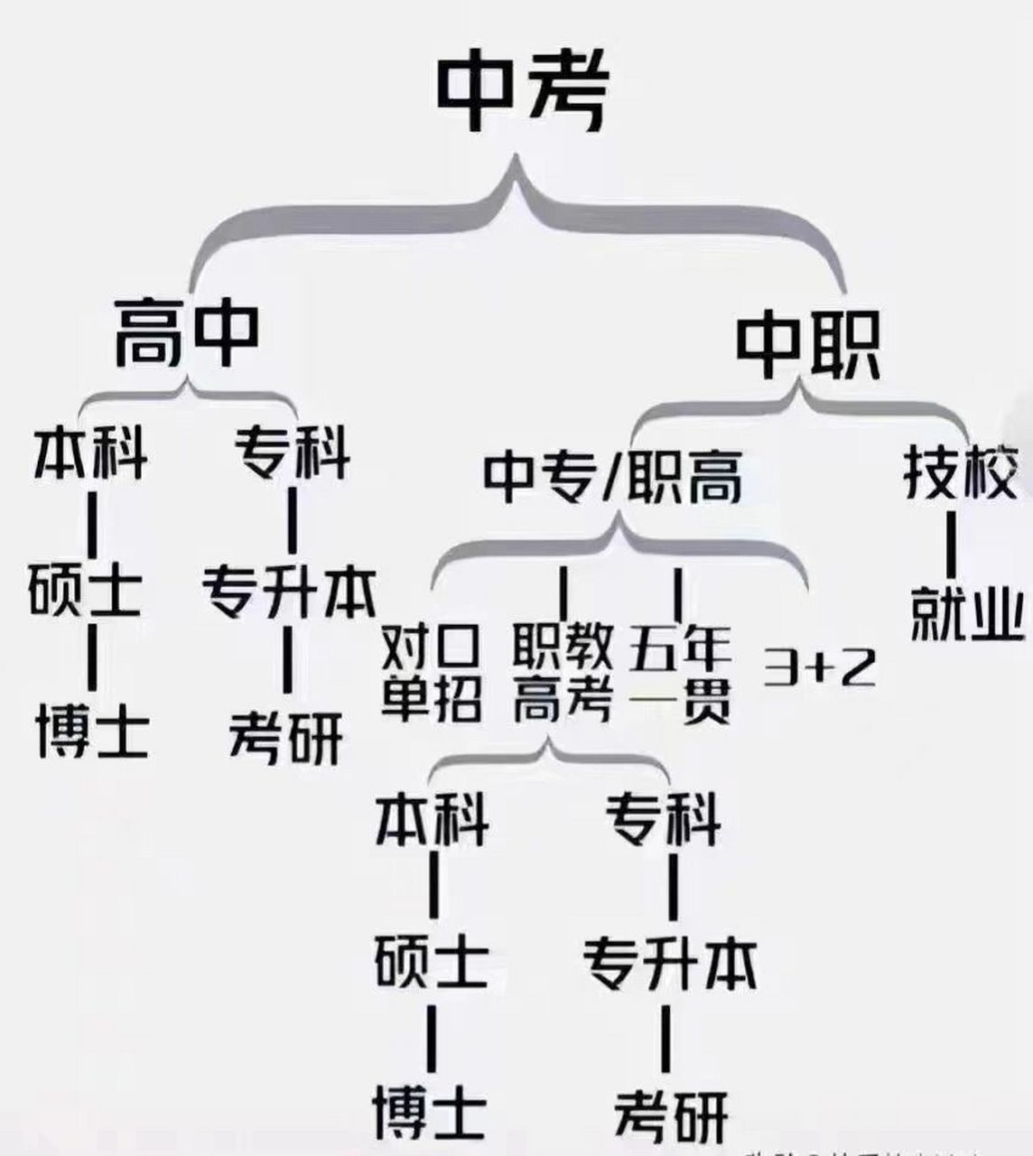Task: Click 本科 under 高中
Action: click(90, 453)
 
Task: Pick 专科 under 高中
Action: click(293, 453)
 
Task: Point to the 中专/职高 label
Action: click(613, 477)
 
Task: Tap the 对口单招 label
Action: click(431, 672)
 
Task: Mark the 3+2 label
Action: click(819, 667)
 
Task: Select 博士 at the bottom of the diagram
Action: click(431, 1112)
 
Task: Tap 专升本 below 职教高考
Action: click(668, 964)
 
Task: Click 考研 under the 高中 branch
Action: click(285, 736)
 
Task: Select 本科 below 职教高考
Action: click(433, 819)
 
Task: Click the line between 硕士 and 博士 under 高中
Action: click(92, 659)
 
